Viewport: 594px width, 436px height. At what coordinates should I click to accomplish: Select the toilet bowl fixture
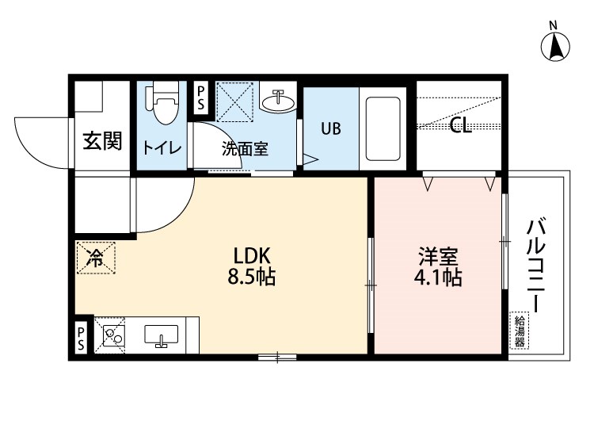165,105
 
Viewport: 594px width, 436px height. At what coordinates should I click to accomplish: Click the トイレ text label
162,148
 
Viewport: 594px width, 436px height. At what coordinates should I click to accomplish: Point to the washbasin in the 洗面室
279,101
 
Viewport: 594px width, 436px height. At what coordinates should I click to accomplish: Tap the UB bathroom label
330,128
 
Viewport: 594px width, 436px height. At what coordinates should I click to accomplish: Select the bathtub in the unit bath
382,128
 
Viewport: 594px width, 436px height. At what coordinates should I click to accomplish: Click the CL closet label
461,126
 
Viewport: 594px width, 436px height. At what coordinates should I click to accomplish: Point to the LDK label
252,256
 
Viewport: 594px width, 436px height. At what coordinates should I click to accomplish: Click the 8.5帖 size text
253,278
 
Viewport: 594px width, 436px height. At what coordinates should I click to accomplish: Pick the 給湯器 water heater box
520,332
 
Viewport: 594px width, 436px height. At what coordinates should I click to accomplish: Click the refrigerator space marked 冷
96,257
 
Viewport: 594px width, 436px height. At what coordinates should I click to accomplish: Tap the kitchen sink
163,336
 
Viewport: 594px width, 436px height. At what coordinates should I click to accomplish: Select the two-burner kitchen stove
112,336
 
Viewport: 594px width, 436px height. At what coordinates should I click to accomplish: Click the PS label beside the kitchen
82,337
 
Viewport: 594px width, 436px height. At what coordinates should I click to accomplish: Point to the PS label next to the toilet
200,98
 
